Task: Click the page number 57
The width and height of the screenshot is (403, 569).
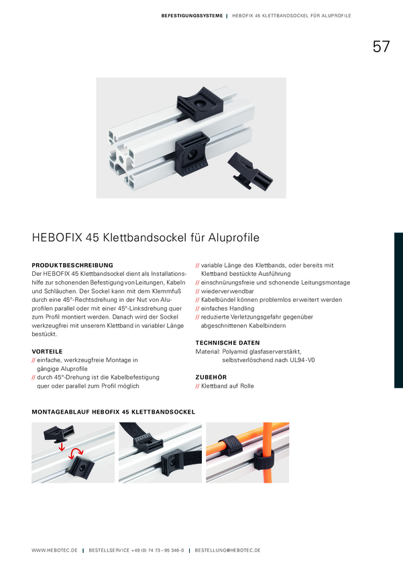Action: coord(381,46)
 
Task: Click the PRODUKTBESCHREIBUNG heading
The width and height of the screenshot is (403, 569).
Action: coord(72,265)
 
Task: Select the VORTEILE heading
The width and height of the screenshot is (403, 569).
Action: coord(47,351)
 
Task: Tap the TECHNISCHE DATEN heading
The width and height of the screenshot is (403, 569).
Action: coord(227,343)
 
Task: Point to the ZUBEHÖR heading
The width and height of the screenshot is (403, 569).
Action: coord(211,377)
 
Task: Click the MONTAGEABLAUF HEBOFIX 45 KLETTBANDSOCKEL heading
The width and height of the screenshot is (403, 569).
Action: coord(113,412)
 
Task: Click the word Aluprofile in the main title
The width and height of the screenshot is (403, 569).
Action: coord(233,238)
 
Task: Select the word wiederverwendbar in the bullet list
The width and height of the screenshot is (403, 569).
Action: coord(227,291)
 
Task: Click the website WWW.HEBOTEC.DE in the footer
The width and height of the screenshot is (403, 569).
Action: coord(54,550)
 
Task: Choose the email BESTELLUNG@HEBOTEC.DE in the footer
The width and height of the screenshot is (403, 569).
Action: coord(227,550)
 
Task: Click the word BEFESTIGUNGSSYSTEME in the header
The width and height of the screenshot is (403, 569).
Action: coord(192,15)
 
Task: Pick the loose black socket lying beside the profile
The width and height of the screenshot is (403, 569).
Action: coord(250,171)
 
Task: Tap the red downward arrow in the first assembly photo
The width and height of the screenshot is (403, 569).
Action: coord(62,446)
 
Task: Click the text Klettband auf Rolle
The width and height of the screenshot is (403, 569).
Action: coord(227,386)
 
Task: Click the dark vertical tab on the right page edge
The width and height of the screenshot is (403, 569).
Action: coord(398,310)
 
